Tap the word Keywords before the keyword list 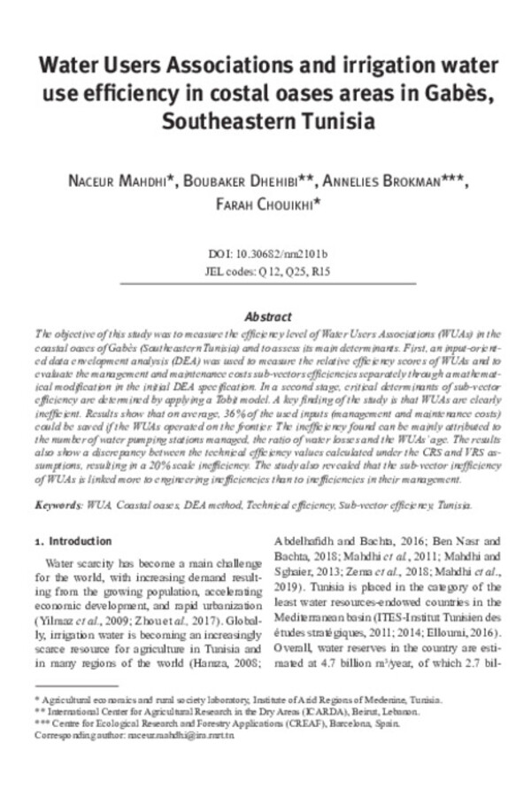coord(58,504)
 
